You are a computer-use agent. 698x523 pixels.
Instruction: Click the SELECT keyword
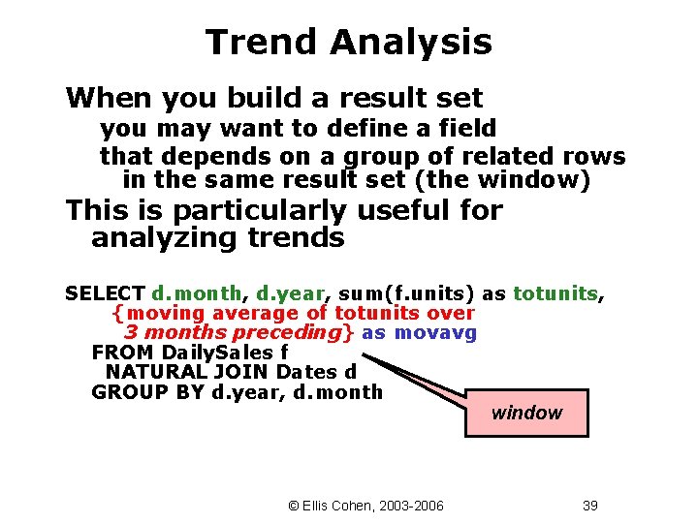(105, 293)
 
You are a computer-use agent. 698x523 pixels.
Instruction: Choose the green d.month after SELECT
(200, 293)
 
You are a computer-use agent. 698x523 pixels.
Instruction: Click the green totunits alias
(555, 293)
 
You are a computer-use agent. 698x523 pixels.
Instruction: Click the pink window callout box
(526, 413)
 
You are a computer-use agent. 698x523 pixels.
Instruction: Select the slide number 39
(590, 506)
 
